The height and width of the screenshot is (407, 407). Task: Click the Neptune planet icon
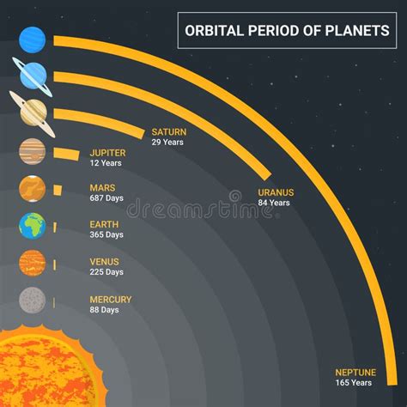click(33, 39)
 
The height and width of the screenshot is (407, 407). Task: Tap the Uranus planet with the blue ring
click(33, 76)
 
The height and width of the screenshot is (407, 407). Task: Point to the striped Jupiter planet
click(33, 151)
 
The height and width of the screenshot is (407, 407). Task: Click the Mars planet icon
click(33, 189)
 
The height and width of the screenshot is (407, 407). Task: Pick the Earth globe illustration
click(33, 226)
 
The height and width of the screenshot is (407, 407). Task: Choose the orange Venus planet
click(33, 263)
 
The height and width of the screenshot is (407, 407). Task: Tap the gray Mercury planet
click(33, 301)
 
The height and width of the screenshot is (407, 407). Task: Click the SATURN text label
click(169, 132)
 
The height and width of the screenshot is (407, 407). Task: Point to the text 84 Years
click(274, 203)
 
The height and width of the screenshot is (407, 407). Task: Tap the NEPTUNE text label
click(355, 373)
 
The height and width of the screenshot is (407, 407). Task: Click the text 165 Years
click(354, 383)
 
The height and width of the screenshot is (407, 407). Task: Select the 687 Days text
click(106, 198)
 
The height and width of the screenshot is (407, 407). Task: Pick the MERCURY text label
click(111, 300)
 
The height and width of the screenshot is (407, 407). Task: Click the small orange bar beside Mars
click(58, 191)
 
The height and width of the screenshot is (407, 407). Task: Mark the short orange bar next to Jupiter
click(66, 154)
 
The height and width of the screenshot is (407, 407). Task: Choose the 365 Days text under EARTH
click(106, 234)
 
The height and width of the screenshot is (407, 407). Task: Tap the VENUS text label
click(104, 262)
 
